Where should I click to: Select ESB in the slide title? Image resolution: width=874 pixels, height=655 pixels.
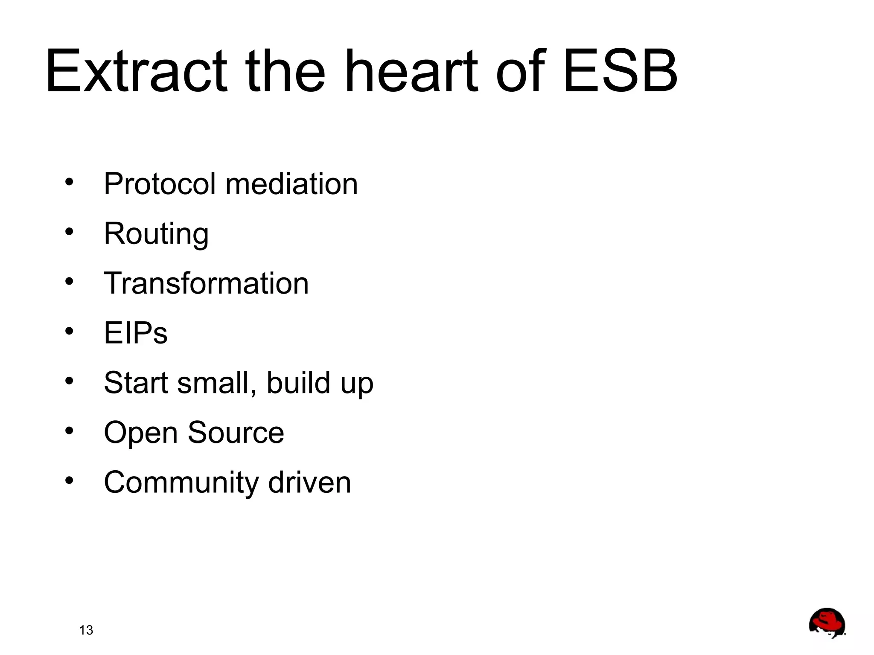click(620, 71)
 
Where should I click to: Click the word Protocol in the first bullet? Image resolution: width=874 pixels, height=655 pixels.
click(160, 184)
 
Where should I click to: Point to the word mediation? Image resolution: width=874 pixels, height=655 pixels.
click(291, 184)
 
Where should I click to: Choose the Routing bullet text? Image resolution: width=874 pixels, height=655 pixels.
click(156, 234)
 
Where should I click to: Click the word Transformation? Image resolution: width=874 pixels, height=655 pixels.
click(206, 283)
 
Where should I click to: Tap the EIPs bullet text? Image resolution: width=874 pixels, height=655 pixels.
click(136, 333)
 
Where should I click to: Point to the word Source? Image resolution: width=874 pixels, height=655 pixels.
click(236, 433)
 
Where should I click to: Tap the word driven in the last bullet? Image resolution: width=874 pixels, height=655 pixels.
click(309, 483)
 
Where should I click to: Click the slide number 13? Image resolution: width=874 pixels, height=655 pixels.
click(86, 630)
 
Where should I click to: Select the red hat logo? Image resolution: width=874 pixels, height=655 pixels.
click(827, 623)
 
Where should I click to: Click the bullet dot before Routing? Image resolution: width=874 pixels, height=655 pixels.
click(69, 232)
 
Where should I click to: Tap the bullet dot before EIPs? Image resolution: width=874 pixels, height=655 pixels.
click(69, 331)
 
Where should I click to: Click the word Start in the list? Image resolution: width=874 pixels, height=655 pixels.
click(137, 383)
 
